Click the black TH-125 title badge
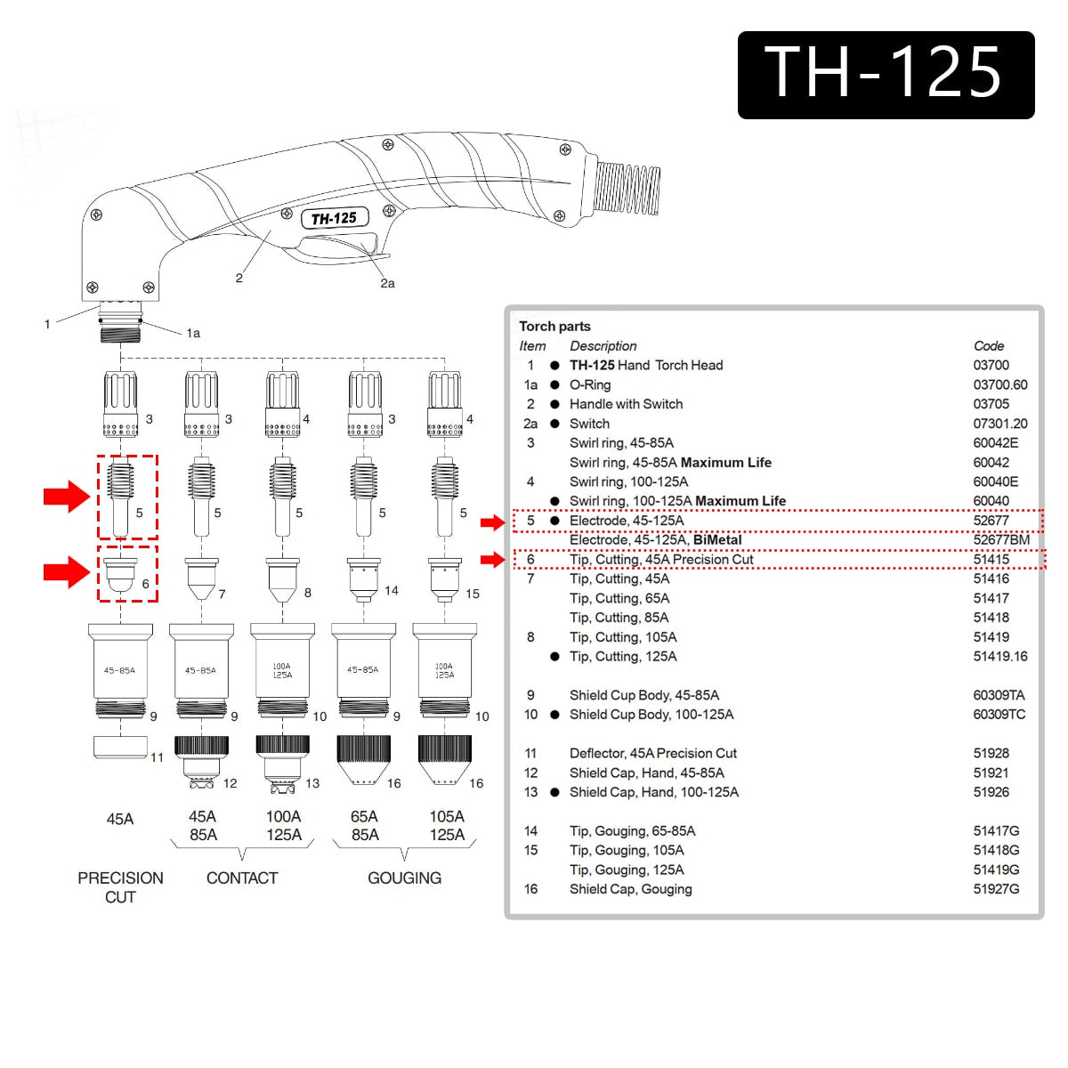coord(886,75)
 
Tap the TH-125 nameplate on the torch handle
coord(334,218)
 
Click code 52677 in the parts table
coord(991,521)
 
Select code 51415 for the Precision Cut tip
coord(991,560)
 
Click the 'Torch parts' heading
coord(554,327)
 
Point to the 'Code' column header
coord(988,346)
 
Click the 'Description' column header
coord(603,346)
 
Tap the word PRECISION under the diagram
coord(120,878)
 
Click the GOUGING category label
coord(404,878)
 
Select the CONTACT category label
coord(242,878)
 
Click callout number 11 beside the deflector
coord(157,757)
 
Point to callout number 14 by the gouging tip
coord(392,590)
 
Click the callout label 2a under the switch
coord(387,284)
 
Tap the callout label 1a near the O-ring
coord(193,334)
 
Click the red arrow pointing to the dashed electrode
coord(67,496)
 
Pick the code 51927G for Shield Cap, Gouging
coord(996,889)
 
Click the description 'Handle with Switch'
coord(626,404)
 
